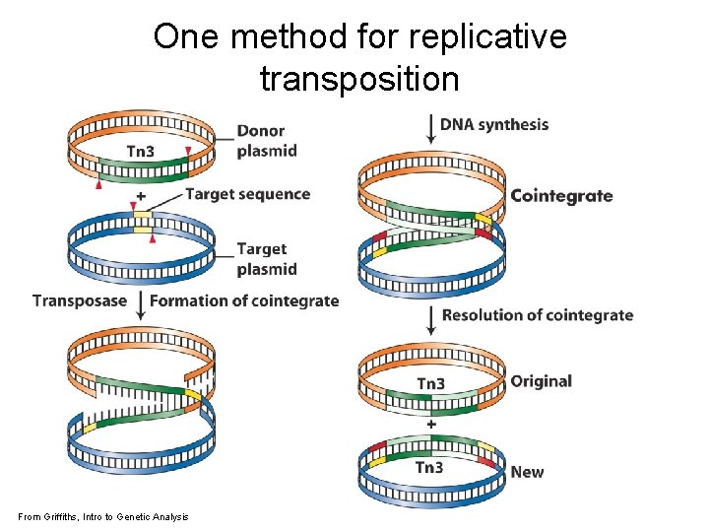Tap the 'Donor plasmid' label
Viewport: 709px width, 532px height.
(x=266, y=141)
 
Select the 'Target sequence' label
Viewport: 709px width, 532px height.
(x=247, y=194)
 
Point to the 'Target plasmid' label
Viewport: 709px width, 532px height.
(x=266, y=259)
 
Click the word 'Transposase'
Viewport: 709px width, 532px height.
(x=80, y=300)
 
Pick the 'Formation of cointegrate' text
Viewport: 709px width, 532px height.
(x=244, y=300)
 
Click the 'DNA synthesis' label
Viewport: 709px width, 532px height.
(x=494, y=124)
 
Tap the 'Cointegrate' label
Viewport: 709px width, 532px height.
(x=561, y=195)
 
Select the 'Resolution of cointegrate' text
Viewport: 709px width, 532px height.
(x=538, y=315)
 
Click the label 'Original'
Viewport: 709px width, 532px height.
(x=541, y=381)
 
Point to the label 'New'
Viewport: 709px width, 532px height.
(x=527, y=472)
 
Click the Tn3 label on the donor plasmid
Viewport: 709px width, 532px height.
(x=141, y=151)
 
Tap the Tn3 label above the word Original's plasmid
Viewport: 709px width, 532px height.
(x=430, y=383)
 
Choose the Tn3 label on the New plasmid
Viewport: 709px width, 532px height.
(x=429, y=467)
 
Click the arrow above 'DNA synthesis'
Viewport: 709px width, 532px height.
(x=430, y=127)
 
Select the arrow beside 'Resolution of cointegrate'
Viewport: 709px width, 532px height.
(x=431, y=317)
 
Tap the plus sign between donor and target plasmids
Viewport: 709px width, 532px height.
(x=141, y=197)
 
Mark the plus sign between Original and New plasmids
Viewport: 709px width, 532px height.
(x=431, y=424)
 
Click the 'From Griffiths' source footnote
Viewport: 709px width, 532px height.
(x=103, y=517)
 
